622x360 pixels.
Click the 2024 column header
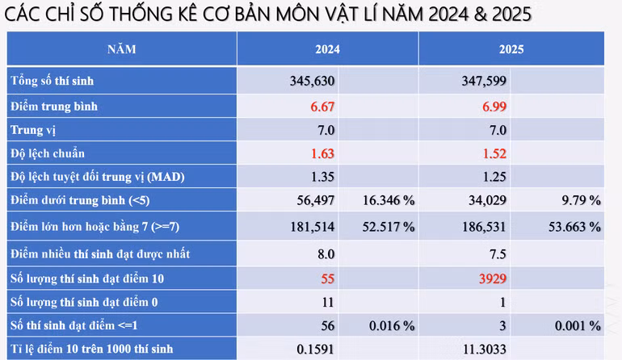pos(327,49)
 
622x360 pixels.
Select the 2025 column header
pos(511,49)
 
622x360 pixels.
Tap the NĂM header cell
pos(122,49)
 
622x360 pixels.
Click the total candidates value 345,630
pos(312,81)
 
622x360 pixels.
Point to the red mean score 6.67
pos(322,106)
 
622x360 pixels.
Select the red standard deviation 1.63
pos(322,153)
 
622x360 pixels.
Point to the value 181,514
pos(312,228)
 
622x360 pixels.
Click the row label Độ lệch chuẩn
pos(48,153)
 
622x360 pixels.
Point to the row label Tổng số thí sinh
pos(57,81)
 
